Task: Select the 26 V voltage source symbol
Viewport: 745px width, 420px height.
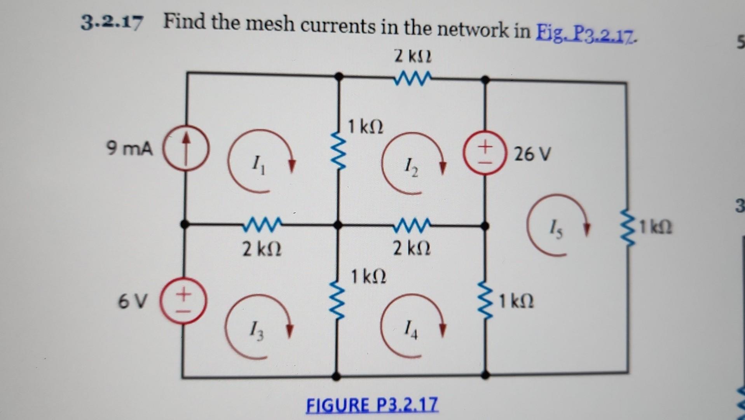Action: click(x=484, y=154)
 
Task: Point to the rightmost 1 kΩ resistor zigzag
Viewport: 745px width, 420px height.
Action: click(x=626, y=230)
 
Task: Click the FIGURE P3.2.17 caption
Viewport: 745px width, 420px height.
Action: click(x=372, y=404)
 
